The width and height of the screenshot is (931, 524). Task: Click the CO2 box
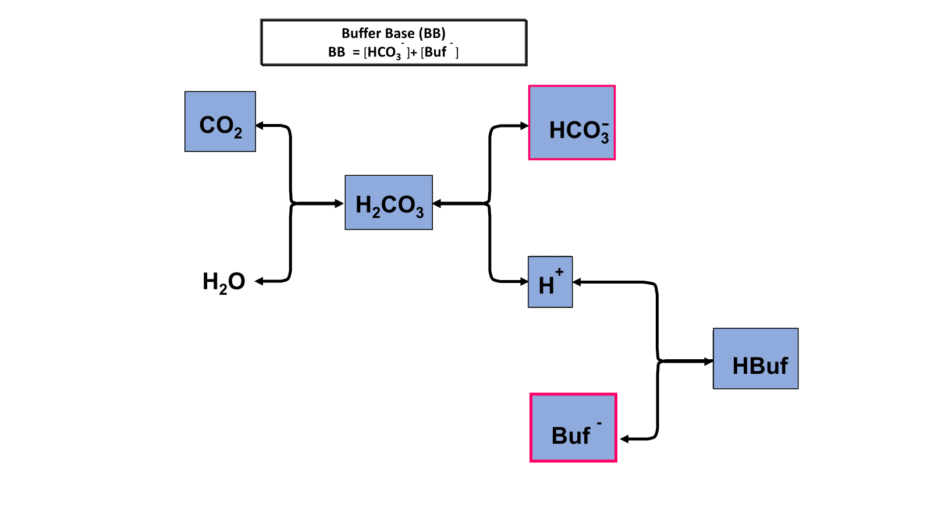coord(220,122)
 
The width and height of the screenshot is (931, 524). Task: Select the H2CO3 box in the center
coord(389,203)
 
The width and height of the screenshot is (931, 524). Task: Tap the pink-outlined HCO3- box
coord(572,123)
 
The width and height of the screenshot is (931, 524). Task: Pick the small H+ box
coord(550,282)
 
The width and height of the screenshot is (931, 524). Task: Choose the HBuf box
coord(755,359)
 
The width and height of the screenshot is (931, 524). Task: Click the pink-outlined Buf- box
coord(573,428)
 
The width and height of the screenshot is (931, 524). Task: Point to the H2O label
coord(224,282)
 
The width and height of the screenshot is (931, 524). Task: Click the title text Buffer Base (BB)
coord(393,33)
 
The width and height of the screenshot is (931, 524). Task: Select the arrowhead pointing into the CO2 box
coord(260,125)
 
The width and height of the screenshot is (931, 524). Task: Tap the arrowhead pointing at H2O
coord(260,281)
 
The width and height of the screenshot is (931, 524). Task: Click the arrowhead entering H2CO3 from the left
coord(340,203)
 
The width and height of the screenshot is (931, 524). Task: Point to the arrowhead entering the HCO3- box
coord(524,126)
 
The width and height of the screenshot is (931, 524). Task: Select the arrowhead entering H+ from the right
coord(577,282)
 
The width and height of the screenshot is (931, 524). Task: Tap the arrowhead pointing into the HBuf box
coord(709,362)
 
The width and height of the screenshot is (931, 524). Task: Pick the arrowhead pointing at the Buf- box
coord(625,439)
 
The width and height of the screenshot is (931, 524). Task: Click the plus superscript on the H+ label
coord(559,272)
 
